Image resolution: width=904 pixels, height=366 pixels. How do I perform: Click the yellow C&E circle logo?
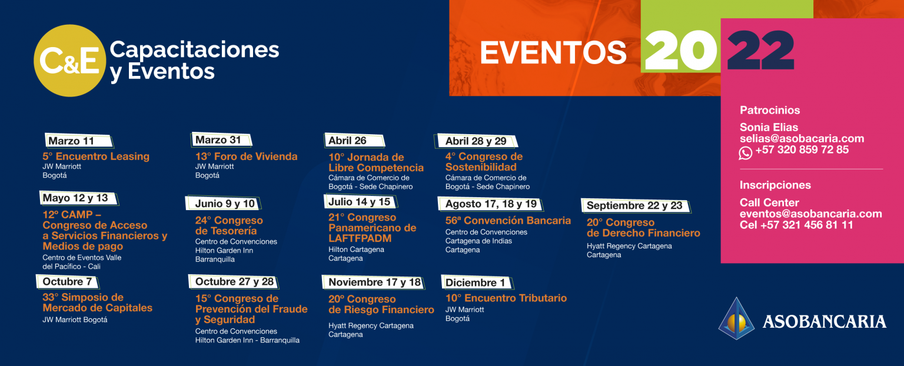(70, 61)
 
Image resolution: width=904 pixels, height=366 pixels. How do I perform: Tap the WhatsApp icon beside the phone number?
(746, 153)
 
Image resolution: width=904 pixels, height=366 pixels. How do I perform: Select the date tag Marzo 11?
(79, 141)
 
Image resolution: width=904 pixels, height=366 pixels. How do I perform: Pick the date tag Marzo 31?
(221, 139)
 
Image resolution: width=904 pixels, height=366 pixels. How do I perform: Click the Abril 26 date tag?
(354, 141)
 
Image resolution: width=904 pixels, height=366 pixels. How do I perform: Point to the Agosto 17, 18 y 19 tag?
(491, 204)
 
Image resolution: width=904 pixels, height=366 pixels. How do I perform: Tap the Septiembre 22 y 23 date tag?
(636, 205)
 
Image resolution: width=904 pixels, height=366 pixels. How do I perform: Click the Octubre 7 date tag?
(68, 282)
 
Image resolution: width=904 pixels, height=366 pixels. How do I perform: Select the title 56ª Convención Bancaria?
(508, 221)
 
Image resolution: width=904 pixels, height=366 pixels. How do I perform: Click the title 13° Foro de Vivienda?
(246, 157)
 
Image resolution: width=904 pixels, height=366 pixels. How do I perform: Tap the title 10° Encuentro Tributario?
(506, 298)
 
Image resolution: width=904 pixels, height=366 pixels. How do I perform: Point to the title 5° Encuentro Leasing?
(96, 157)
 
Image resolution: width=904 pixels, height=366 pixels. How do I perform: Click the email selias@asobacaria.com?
(802, 138)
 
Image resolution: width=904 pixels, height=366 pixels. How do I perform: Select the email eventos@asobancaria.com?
(811, 214)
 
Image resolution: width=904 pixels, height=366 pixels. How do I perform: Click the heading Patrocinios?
(770, 110)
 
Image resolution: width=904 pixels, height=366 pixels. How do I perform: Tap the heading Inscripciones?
(775, 185)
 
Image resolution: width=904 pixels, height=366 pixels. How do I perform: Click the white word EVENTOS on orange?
(553, 53)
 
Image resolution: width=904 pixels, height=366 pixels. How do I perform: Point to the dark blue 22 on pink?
(761, 51)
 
